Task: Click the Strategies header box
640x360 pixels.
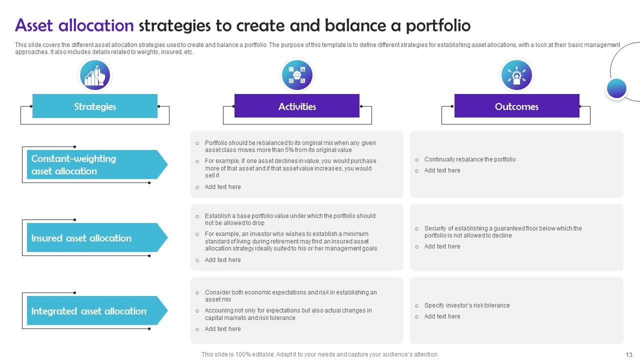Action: tap(95, 106)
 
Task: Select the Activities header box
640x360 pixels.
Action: tap(297, 106)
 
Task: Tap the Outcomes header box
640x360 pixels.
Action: tap(516, 106)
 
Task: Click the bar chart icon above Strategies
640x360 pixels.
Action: tap(95, 75)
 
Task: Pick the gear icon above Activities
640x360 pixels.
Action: tap(297, 75)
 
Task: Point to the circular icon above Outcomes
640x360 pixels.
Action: tap(516, 75)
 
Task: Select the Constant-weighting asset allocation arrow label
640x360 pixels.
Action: tap(92, 164)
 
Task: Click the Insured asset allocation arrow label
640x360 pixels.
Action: tap(92, 238)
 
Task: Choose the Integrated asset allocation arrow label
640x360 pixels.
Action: tap(92, 311)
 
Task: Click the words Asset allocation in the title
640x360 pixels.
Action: tap(74, 25)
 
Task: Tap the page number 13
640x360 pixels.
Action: tap(629, 354)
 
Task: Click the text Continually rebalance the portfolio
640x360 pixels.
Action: tap(469, 159)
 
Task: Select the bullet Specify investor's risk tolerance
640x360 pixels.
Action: tap(466, 305)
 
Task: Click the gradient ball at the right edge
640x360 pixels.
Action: tap(616, 88)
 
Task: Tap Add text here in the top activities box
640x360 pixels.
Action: tap(222, 187)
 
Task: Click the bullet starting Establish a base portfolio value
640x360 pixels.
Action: tap(289, 219)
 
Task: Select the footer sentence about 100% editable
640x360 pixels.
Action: tap(320, 354)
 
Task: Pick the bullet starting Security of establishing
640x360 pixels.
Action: tap(502, 232)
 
